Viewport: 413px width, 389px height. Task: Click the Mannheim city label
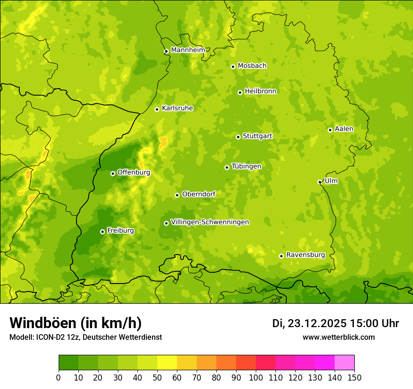[188, 50]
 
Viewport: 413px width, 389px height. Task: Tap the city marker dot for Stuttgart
[238, 137]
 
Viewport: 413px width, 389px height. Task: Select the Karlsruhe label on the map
[177, 108]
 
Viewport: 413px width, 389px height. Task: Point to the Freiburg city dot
[102, 232]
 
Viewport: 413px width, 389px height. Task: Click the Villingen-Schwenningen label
[210, 222]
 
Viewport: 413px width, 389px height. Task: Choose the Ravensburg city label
[306, 255]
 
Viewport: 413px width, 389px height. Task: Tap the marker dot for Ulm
[320, 182]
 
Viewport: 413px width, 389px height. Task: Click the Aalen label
[344, 129]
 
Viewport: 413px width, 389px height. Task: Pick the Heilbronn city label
[260, 91]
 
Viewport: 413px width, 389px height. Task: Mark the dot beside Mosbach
[233, 67]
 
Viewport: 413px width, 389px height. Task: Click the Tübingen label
[246, 166]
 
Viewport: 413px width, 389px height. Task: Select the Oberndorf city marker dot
[177, 195]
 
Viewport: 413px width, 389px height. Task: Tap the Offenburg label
[134, 172]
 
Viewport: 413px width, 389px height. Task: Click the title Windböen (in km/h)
[75, 323]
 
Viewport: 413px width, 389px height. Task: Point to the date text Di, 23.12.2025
[309, 323]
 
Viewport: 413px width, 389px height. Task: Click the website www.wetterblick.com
[338, 337]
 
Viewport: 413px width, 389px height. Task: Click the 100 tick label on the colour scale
[256, 377]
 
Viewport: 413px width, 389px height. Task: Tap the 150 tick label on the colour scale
[354, 377]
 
